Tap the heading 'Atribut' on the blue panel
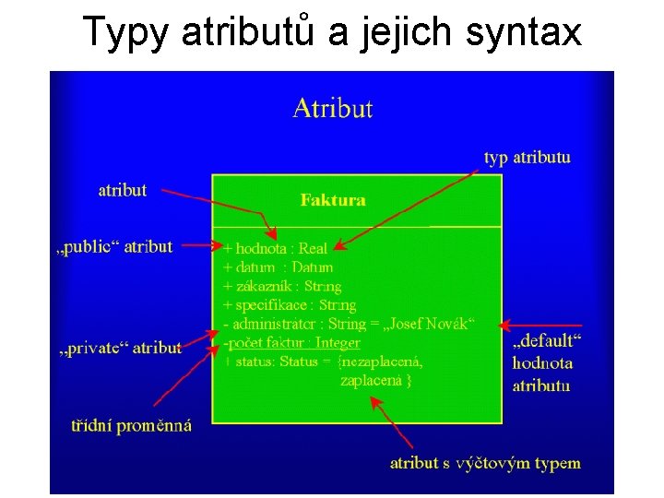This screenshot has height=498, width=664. [332, 109]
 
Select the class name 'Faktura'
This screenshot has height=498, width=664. [333, 199]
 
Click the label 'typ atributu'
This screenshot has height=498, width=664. [527, 157]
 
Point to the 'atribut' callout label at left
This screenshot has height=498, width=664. [123, 190]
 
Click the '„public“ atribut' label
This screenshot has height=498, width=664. [114, 246]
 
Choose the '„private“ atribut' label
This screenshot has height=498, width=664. [119, 347]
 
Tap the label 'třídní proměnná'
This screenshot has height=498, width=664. [132, 425]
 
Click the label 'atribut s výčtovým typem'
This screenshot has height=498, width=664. [485, 462]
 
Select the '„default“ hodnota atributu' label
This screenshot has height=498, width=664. [542, 363]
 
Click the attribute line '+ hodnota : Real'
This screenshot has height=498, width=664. [276, 248]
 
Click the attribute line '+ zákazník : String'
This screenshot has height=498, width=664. [282, 286]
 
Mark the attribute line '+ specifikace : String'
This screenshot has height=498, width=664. [290, 304]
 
